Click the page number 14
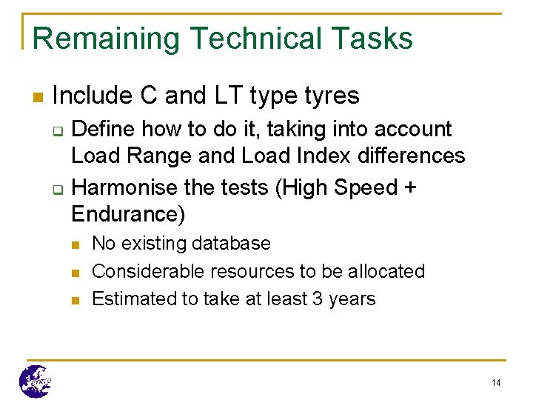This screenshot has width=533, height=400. point(495,382)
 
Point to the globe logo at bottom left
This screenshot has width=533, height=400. point(35,381)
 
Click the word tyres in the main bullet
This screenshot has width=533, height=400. point(332,96)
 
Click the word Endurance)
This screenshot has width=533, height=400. point(128,215)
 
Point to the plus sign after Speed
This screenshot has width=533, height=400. point(409,188)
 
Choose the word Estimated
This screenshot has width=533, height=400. point(133,299)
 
